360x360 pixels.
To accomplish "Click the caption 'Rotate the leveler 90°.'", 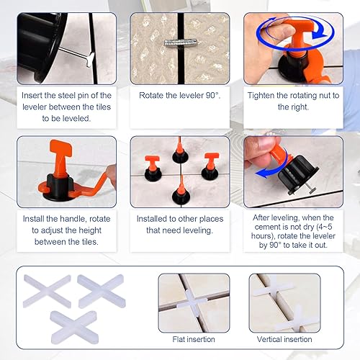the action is coord(180,96).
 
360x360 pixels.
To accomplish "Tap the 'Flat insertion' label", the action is coord(194,339).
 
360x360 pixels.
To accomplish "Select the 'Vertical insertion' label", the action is coord(284,339).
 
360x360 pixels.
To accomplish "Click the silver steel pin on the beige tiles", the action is coord(181,42).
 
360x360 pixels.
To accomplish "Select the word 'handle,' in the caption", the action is coord(73,219).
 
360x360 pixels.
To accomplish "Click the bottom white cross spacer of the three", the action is coord(74,327).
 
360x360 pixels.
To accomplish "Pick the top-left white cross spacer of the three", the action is coord(48,291).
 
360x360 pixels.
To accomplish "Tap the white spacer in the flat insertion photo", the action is coord(192,302).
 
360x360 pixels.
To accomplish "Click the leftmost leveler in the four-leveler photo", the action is coord(153,168).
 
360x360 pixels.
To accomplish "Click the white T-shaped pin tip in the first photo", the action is coord(90,60).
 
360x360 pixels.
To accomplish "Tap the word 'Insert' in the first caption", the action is coord(32,96).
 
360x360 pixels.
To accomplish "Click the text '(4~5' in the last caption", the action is coord(324,227).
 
